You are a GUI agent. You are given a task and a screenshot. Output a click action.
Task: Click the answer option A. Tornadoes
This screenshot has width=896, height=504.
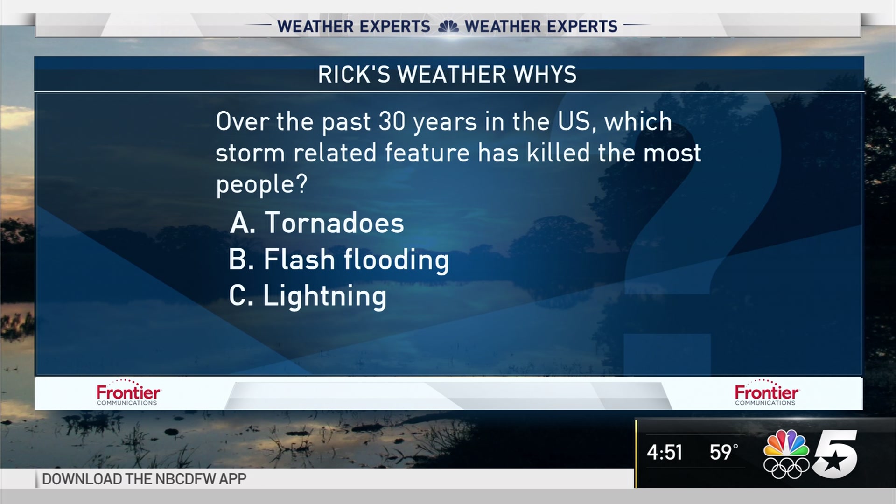click(x=317, y=223)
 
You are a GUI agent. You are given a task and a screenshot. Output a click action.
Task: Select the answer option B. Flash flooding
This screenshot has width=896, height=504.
click(x=339, y=260)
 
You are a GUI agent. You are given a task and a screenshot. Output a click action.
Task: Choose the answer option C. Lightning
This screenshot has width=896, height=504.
click(x=308, y=296)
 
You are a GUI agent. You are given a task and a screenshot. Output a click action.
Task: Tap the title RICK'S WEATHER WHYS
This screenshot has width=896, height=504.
click(x=447, y=75)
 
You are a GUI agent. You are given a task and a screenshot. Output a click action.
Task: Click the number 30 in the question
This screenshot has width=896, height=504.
click(x=392, y=121)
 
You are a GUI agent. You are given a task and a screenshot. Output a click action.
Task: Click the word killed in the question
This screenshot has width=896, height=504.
click(x=559, y=153)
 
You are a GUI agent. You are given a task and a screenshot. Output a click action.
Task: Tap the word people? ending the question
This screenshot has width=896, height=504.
click(x=262, y=185)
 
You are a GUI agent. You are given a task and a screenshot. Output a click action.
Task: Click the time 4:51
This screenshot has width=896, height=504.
click(x=665, y=452)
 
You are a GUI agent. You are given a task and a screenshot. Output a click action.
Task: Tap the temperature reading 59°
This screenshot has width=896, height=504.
click(x=724, y=452)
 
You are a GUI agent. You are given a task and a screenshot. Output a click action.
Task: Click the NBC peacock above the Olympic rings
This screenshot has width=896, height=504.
click(x=786, y=443)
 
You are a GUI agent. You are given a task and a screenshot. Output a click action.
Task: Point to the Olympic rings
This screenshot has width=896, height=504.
click(x=786, y=468)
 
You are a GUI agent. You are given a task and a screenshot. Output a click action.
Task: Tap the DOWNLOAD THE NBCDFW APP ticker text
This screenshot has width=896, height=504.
click(x=144, y=479)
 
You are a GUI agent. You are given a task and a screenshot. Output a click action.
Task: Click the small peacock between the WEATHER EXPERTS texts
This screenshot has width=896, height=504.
click(x=448, y=27)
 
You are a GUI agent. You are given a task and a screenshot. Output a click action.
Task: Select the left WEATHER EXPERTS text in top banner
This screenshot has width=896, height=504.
click(x=354, y=27)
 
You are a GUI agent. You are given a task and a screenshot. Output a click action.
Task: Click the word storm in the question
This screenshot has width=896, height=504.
click(x=250, y=153)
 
